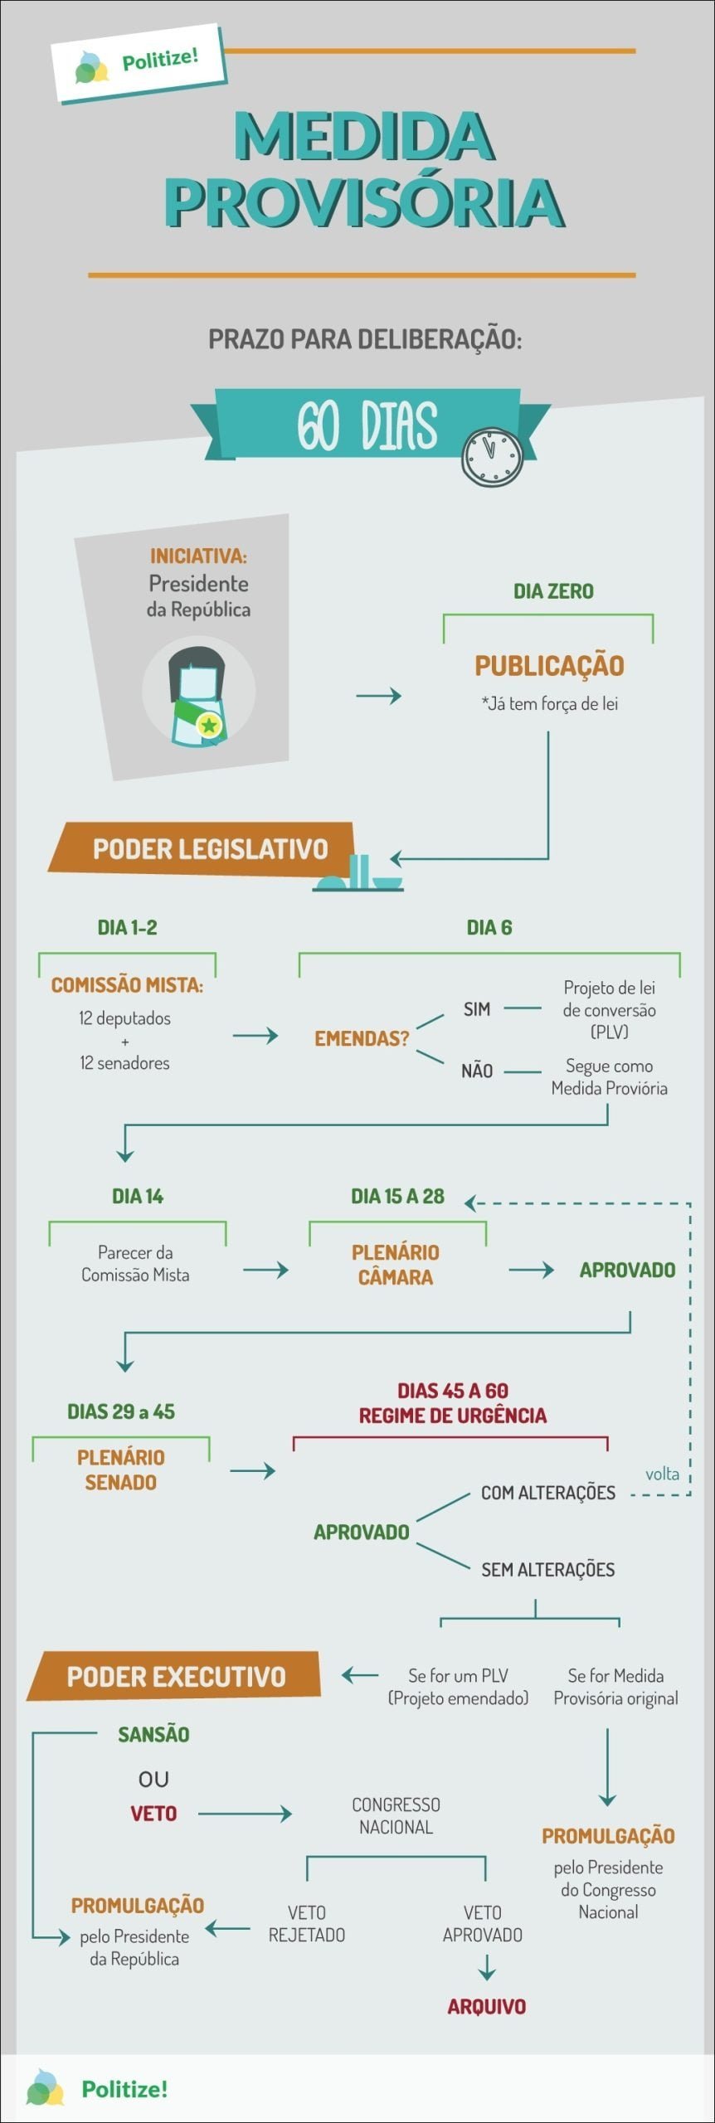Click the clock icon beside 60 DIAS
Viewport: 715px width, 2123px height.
tap(492, 457)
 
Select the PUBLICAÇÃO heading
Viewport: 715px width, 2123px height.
tap(549, 665)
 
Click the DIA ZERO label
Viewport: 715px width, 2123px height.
tap(553, 591)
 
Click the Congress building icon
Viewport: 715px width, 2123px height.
tap(359, 876)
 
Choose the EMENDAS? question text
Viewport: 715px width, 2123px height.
tap(362, 1038)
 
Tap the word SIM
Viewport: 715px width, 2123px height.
tap(477, 1009)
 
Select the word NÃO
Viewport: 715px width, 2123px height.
tap(477, 1071)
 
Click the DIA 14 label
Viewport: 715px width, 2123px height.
tap(138, 1196)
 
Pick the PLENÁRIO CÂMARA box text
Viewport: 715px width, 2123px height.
tap(396, 1265)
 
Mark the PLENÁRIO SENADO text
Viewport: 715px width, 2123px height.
tap(121, 1470)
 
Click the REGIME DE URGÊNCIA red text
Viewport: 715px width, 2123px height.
tap(453, 1415)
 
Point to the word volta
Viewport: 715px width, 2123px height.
tap(662, 1474)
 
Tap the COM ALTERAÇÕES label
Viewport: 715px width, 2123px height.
tap(548, 1493)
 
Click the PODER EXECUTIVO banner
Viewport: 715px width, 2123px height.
tap(176, 1676)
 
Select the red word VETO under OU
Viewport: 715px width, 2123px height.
tap(153, 1814)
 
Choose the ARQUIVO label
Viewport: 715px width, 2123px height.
tap(487, 2006)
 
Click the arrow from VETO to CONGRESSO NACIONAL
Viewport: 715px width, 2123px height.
tap(245, 1815)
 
